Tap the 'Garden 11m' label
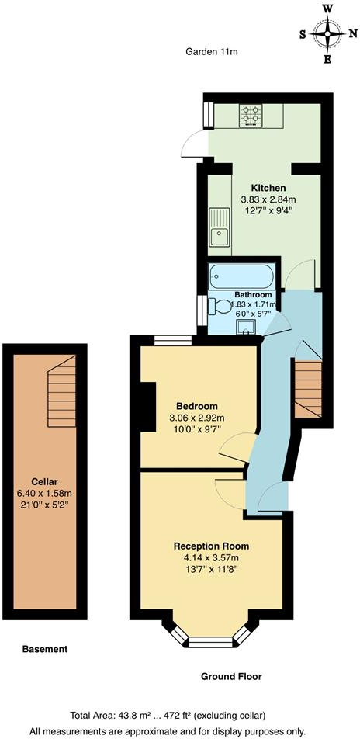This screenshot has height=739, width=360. click(x=211, y=52)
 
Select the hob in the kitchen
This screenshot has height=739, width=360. click(x=251, y=116)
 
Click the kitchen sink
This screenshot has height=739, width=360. click(x=219, y=227)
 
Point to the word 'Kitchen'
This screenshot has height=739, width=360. click(x=268, y=188)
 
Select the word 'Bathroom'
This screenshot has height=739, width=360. click(x=253, y=295)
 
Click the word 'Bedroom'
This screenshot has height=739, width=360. click(x=196, y=406)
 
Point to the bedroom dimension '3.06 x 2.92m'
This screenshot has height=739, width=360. click(x=196, y=418)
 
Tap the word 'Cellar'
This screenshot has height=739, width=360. click(x=45, y=481)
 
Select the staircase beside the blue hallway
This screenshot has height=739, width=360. click(x=308, y=387)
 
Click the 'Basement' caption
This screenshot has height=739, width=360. click(x=45, y=649)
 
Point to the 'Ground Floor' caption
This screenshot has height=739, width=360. click(x=231, y=677)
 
